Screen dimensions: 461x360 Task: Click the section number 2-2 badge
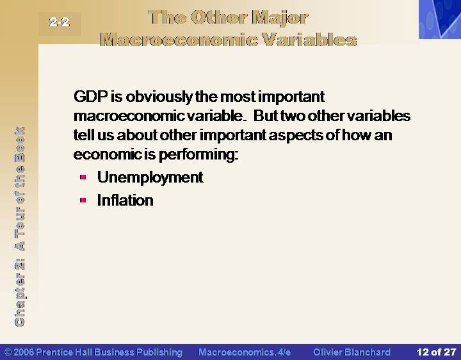pyautogui.click(x=60, y=22)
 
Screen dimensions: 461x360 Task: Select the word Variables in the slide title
pyautogui.click(x=310, y=40)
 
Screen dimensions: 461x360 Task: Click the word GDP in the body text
pyautogui.click(x=90, y=96)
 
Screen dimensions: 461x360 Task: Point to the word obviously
pyautogui.click(x=159, y=97)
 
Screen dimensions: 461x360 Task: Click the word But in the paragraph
pyautogui.click(x=266, y=115)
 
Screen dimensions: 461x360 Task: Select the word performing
pyautogui.click(x=198, y=155)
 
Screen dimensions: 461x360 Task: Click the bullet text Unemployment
pyautogui.click(x=150, y=177)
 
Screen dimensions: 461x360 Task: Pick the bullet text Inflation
pyautogui.click(x=125, y=200)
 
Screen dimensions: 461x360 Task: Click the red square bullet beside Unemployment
pyautogui.click(x=83, y=177)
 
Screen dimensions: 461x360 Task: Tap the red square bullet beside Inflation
pyautogui.click(x=83, y=200)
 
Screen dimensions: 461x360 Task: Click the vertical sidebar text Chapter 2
pyautogui.click(x=19, y=293)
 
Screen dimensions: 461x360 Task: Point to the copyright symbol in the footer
pyautogui.click(x=8, y=352)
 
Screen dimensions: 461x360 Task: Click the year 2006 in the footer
pyautogui.click(x=24, y=352)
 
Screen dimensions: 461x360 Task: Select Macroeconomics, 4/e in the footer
pyautogui.click(x=245, y=352)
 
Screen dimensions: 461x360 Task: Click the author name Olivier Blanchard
pyautogui.click(x=352, y=352)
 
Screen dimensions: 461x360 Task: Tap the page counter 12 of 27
pyautogui.click(x=436, y=352)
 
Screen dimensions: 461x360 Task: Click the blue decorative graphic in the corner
pyautogui.click(x=440, y=19)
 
